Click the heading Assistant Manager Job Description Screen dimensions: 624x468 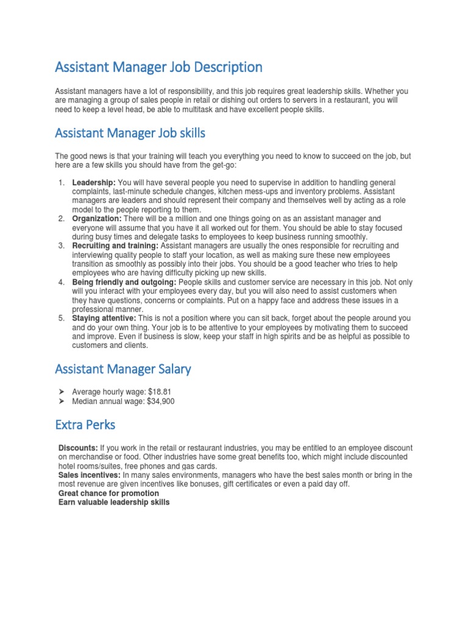[158, 66]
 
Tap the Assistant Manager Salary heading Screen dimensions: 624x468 [123, 369]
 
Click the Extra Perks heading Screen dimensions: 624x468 [85, 425]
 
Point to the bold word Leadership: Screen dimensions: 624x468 [94, 183]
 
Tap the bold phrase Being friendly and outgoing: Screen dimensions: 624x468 [124, 282]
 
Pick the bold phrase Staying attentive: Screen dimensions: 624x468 [104, 318]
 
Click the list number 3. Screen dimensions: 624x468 [61, 246]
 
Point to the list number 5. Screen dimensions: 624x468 [61, 318]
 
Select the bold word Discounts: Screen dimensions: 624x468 [79, 448]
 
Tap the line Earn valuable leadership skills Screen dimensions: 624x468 [114, 502]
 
